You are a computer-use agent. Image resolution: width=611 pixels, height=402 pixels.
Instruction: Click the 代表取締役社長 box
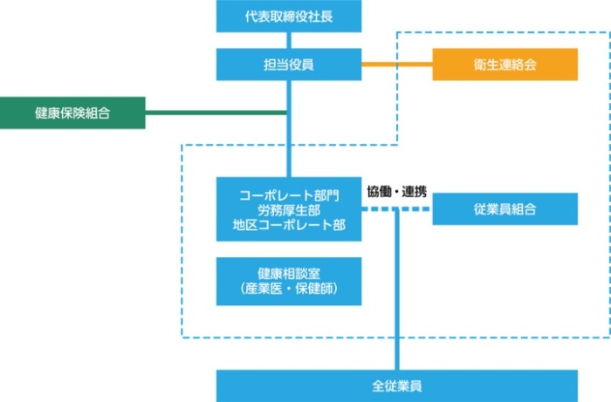[x=288, y=16]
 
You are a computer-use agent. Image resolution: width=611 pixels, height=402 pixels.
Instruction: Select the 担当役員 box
[x=288, y=65]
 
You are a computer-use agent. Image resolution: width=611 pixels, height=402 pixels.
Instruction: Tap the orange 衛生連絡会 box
[x=505, y=65]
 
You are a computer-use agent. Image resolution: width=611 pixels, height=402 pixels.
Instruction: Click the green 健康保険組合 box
[x=72, y=112]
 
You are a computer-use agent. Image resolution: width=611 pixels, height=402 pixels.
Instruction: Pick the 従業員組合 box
[x=505, y=209]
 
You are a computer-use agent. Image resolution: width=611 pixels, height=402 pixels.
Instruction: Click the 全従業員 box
[x=397, y=385]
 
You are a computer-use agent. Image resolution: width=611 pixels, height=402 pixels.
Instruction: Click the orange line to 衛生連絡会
[x=397, y=65]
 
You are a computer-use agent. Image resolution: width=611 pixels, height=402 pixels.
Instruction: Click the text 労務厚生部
[x=289, y=209]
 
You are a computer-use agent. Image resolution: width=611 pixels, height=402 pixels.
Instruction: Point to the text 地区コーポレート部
[x=289, y=225]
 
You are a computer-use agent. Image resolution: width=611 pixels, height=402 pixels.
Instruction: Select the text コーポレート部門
[x=289, y=194]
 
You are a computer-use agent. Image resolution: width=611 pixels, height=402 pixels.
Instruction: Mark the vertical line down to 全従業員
[x=397, y=296]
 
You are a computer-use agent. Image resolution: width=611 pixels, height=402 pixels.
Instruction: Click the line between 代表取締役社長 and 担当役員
[x=288, y=39]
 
